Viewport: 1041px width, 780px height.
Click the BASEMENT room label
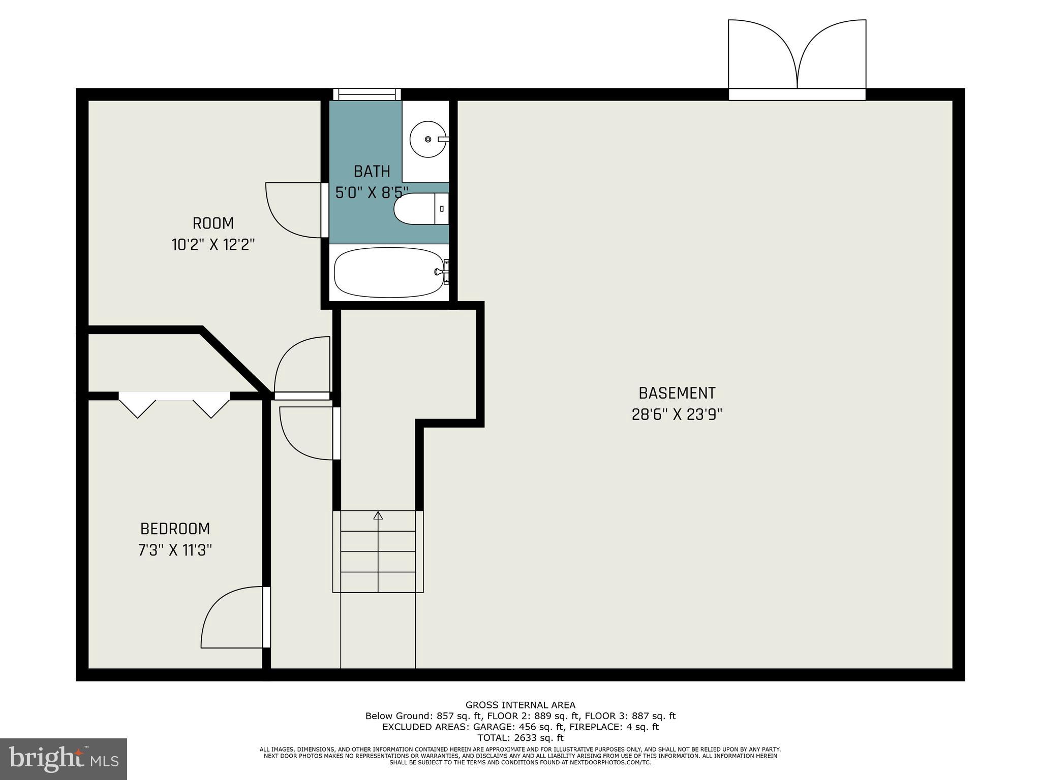[x=677, y=393]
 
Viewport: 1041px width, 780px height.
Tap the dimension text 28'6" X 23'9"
[x=677, y=415]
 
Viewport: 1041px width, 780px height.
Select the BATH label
[x=372, y=172]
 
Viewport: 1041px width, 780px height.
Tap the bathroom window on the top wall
[x=367, y=94]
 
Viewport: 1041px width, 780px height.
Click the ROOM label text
[x=213, y=223]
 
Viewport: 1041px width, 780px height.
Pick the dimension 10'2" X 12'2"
[x=213, y=245]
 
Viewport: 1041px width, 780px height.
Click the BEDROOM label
[x=175, y=529]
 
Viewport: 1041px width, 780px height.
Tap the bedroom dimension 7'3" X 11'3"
[x=175, y=550]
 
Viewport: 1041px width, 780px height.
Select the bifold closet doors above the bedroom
[x=174, y=404]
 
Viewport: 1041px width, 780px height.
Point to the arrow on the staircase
[x=378, y=516]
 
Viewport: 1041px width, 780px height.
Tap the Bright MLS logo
[x=64, y=759]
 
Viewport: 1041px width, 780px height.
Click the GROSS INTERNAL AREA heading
[x=520, y=705]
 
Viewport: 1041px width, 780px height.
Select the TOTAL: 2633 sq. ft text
[x=520, y=738]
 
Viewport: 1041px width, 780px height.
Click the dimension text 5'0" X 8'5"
[x=372, y=192]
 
